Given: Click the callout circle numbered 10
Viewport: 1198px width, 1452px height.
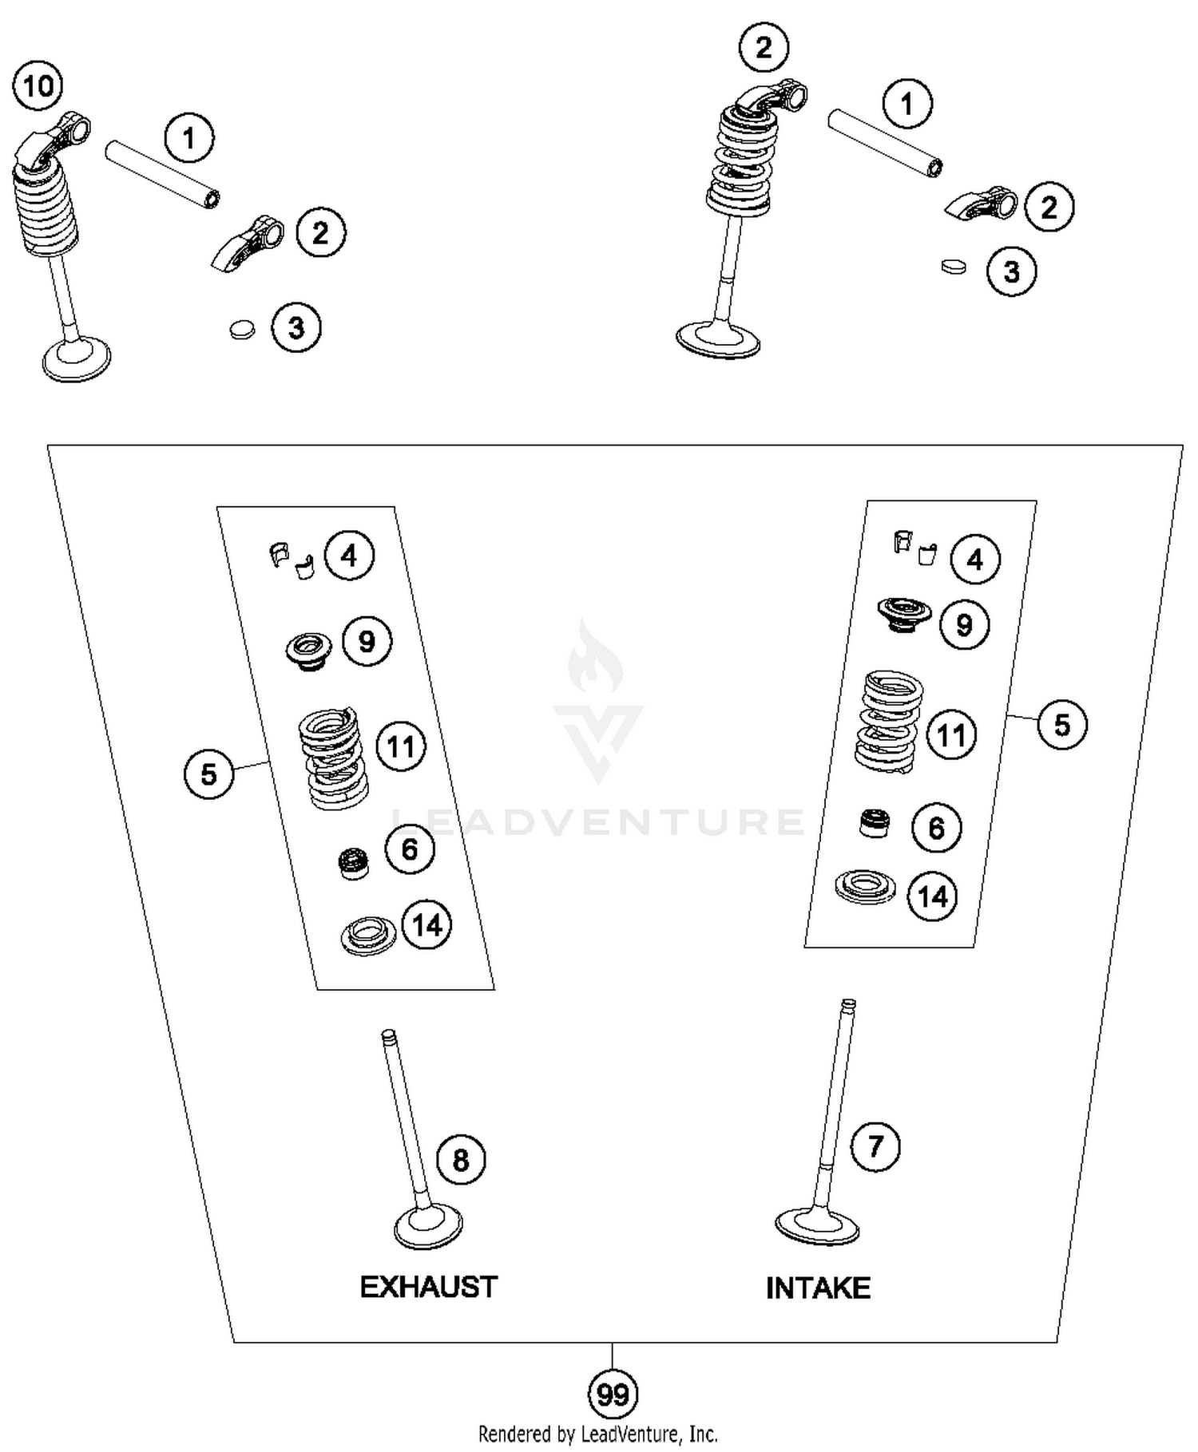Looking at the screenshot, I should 38,85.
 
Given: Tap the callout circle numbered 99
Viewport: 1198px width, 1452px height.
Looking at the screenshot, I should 613,1395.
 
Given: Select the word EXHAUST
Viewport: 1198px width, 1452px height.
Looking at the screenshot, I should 428,1287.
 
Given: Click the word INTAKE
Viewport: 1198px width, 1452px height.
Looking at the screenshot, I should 818,1288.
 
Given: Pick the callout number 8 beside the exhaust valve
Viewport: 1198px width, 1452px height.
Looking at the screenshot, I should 461,1159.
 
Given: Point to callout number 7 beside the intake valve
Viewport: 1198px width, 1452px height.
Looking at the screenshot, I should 875,1146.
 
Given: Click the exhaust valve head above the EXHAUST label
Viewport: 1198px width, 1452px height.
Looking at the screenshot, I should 429,1225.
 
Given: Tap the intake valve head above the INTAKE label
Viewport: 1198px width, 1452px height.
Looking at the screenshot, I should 817,1223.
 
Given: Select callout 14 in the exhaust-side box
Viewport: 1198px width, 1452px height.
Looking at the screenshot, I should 426,925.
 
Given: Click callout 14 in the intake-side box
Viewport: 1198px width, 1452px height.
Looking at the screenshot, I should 933,896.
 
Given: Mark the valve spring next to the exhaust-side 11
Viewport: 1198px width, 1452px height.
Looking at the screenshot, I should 333,758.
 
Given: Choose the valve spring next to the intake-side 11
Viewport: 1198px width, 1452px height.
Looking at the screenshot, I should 888,721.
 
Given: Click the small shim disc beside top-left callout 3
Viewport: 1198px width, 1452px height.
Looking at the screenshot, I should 241,328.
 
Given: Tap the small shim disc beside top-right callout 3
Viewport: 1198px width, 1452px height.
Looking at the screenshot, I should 953,266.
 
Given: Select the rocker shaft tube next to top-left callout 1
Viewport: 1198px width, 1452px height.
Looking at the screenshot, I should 163,174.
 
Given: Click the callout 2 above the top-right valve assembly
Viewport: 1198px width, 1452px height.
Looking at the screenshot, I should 764,48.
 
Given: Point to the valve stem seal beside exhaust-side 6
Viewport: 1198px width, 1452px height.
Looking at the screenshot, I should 353,863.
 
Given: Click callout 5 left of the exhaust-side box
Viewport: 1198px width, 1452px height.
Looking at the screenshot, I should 208,773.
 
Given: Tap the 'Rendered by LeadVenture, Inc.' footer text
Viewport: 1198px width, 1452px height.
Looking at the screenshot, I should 597,1434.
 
